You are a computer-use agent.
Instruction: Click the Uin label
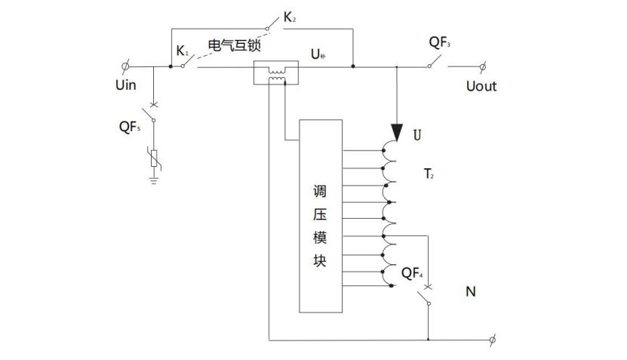pyautogui.click(x=125, y=85)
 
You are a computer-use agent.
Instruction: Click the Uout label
pyautogui.click(x=481, y=86)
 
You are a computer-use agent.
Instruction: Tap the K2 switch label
pyautogui.click(x=290, y=16)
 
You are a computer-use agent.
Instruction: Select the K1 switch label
pyautogui.click(x=183, y=51)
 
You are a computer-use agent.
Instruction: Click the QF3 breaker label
pyautogui.click(x=441, y=43)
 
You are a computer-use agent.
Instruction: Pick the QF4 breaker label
pyautogui.click(x=412, y=272)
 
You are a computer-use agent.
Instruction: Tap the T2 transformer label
pyautogui.click(x=428, y=175)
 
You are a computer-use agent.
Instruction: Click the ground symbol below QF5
pyautogui.click(x=154, y=179)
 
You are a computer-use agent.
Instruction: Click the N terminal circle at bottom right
pyautogui.click(x=493, y=339)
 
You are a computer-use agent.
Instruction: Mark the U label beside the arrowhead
pyautogui.click(x=417, y=135)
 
